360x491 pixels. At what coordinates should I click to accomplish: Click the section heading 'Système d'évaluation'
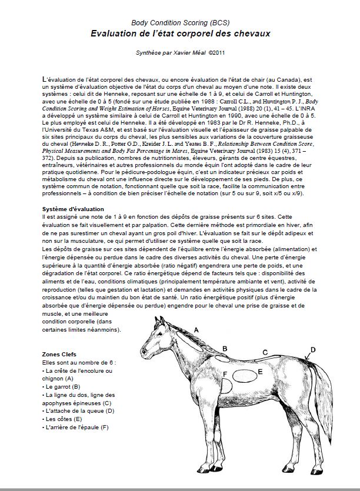(73, 209)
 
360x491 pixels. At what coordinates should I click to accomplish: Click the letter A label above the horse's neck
(196, 330)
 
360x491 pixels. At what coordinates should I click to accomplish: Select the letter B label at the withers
(225, 349)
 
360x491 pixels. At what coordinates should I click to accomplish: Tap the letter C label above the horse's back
(265, 352)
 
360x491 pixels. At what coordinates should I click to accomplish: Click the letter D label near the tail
(312, 350)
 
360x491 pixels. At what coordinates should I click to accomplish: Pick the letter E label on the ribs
(259, 372)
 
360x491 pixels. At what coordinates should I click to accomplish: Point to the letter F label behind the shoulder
(224, 374)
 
